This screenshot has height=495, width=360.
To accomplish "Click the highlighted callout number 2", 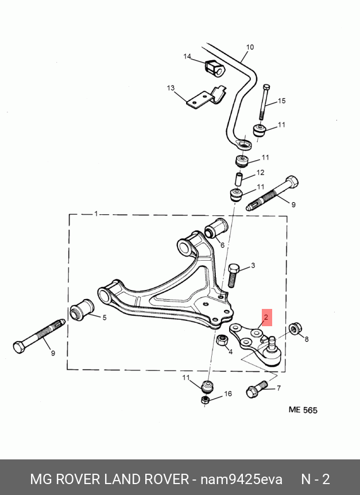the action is pyautogui.click(x=266, y=317).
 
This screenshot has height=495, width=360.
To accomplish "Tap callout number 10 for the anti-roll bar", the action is pyautogui.click(x=250, y=47).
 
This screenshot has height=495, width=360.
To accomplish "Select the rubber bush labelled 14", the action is pyautogui.click(x=214, y=68).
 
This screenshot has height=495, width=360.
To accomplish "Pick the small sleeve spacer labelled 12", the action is pyautogui.click(x=239, y=179).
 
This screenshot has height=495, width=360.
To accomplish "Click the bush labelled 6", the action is pyautogui.click(x=216, y=228).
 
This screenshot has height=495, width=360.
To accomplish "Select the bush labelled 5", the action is pyautogui.click(x=82, y=309).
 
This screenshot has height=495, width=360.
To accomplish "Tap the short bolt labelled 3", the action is pyautogui.click(x=232, y=275).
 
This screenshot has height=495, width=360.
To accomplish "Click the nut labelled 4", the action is pyautogui.click(x=222, y=341).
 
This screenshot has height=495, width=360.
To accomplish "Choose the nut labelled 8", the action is pyautogui.click(x=295, y=328).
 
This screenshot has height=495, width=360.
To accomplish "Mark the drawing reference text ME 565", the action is pyautogui.click(x=303, y=410).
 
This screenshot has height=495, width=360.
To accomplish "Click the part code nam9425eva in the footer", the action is pyautogui.click(x=241, y=479).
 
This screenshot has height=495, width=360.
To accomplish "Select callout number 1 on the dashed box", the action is pyautogui.click(x=96, y=214).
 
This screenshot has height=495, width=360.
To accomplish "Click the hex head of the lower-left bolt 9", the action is pyautogui.click(x=20, y=347).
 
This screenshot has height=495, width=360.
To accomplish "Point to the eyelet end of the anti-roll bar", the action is pyautogui.click(x=243, y=145).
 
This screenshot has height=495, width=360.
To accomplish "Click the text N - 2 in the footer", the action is pyautogui.click(x=316, y=479).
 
